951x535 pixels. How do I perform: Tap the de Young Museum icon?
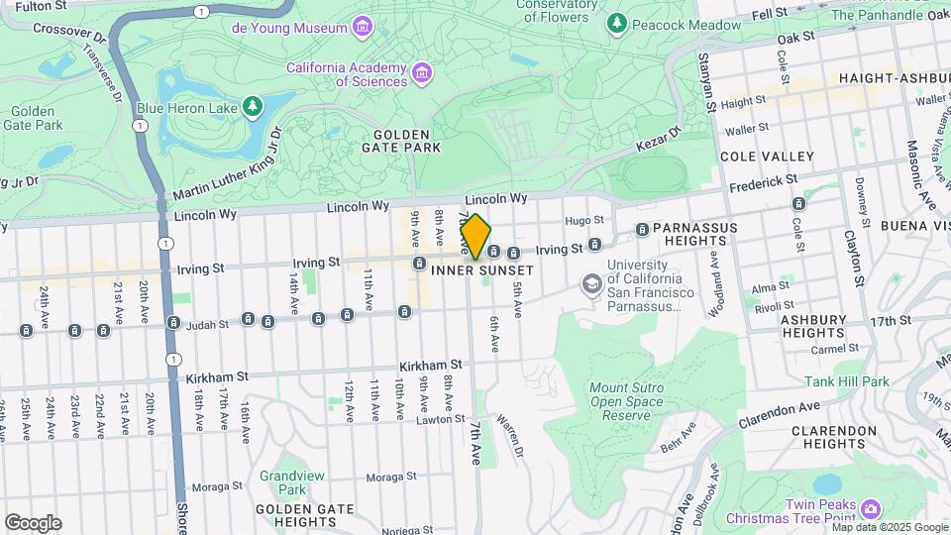pos(363,27)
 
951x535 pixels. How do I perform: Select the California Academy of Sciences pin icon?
pos(423,72)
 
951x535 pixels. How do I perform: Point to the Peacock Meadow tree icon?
pos(618,22)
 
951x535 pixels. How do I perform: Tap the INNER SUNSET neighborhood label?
pos(483,270)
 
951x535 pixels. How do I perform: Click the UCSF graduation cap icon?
pos(591,285)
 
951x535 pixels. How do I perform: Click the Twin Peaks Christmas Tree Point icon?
pos(870,509)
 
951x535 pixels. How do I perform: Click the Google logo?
pos(33,522)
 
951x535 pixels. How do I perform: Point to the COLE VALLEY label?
pos(767,157)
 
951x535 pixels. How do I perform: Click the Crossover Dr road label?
pos(69,31)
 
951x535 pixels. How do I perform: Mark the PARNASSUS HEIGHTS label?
pos(695,233)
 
